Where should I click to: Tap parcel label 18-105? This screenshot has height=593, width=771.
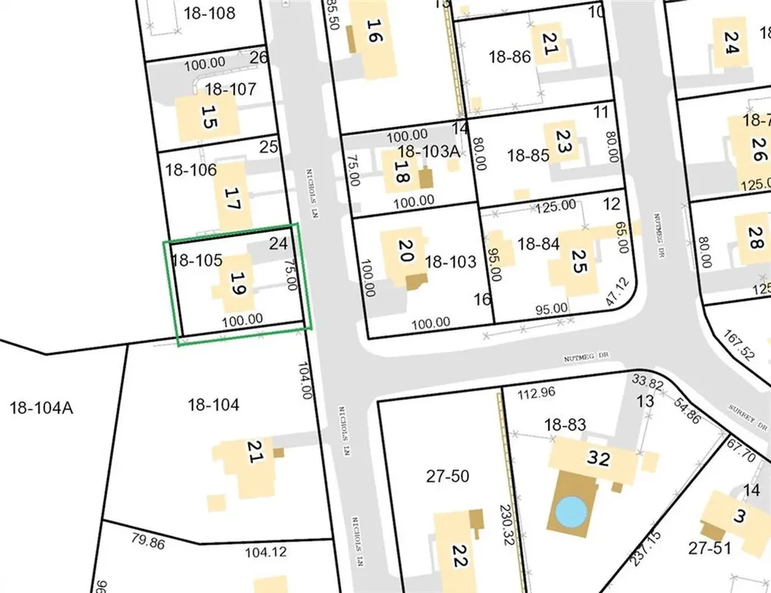tap(196, 260)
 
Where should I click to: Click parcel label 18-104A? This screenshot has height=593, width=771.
tap(40, 409)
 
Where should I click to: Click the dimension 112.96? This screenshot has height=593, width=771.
tap(535, 392)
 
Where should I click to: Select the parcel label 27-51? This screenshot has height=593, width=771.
tap(709, 548)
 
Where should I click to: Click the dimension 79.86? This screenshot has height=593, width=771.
tap(148, 539)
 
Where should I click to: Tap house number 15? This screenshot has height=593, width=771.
tap(210, 119)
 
